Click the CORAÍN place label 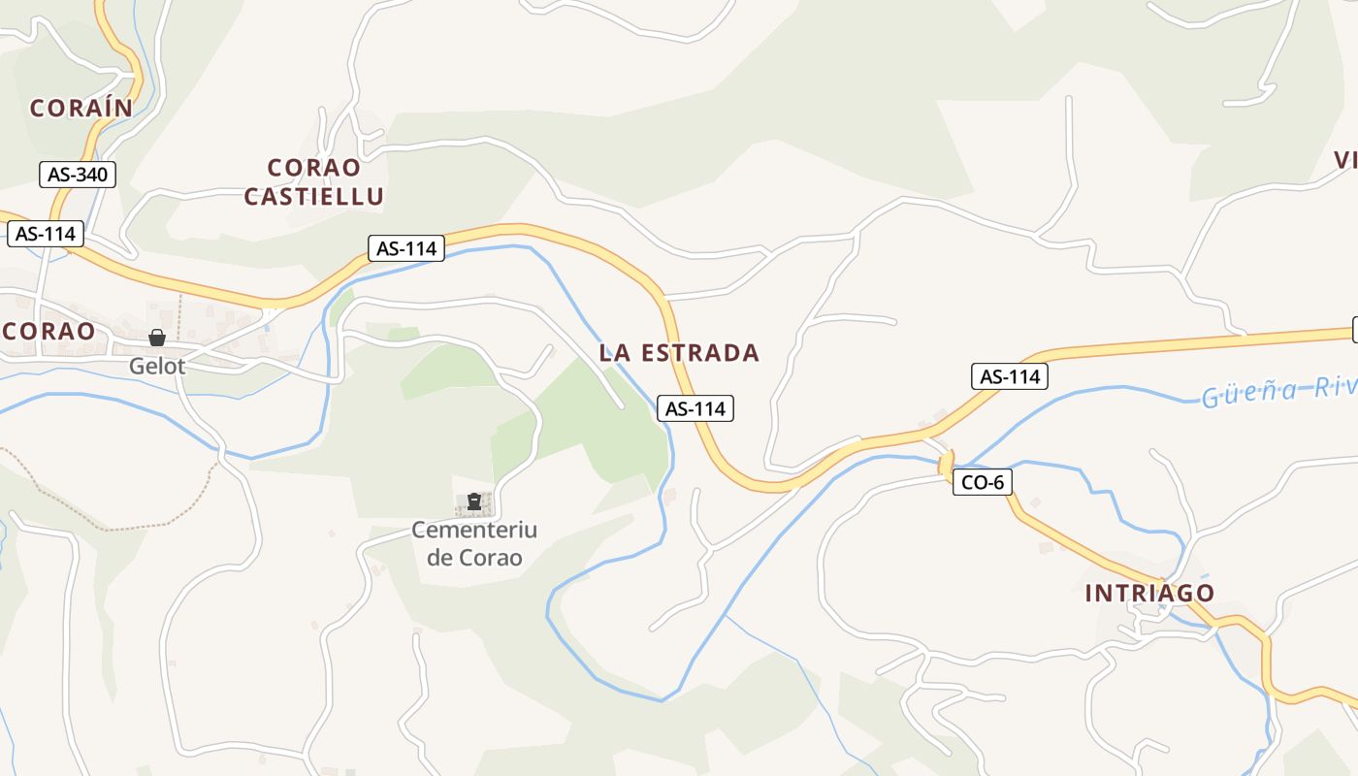(81, 108)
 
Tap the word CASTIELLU (313, 196)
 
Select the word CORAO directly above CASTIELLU (313, 168)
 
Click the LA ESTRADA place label (679, 353)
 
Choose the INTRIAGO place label (1149, 593)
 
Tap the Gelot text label (157, 367)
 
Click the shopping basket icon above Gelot (157, 338)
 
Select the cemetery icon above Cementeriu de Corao (474, 501)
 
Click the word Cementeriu (474, 530)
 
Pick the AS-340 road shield (78, 175)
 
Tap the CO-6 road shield (983, 481)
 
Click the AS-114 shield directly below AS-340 (46, 234)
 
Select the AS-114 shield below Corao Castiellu (406, 248)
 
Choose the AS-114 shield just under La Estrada (695, 408)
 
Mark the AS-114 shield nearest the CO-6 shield (1010, 376)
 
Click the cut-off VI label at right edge (1345, 160)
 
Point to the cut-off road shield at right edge (1354, 330)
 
